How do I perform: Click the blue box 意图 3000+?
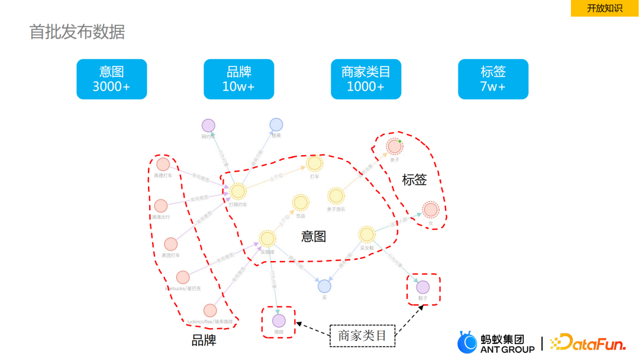point(112,79)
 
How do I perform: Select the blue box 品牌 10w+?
point(239,79)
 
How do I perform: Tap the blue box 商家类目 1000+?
point(366,79)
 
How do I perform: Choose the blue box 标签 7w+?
point(493,79)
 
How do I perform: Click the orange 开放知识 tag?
point(604,8)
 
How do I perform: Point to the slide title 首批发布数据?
point(78,31)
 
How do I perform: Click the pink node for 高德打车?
point(163,164)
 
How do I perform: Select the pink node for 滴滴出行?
point(161,205)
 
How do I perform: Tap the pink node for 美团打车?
point(170,244)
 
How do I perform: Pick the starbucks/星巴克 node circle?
point(183,277)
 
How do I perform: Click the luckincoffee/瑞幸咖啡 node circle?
point(210,310)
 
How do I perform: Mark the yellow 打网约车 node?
point(238,191)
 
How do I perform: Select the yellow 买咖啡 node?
point(267,239)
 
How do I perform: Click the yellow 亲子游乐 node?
point(336,196)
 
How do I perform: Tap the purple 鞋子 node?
point(423,287)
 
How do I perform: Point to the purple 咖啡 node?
point(279,321)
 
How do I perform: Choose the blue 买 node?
point(324,286)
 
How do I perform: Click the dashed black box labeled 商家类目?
point(362,336)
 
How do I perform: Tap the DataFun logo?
point(587,342)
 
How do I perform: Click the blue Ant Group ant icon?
point(467,342)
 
